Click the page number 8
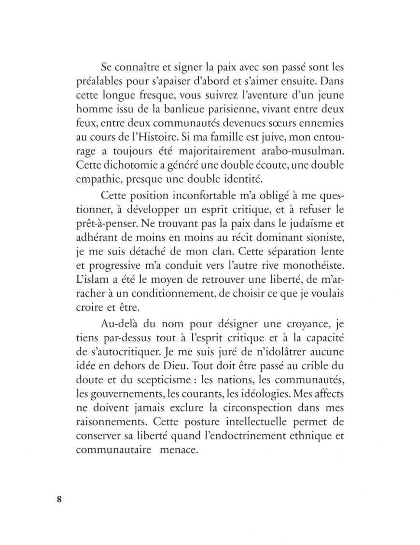59,499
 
